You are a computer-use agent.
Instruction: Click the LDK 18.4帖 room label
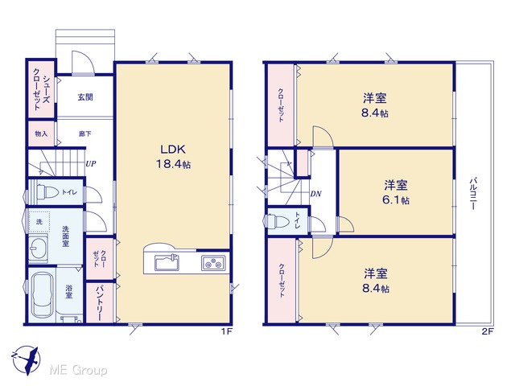click(x=173, y=157)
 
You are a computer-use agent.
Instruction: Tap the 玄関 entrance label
click(x=85, y=97)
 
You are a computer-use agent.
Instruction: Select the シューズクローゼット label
click(x=41, y=88)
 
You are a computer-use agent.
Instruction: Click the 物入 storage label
click(x=41, y=134)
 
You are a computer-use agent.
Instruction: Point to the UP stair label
click(x=91, y=163)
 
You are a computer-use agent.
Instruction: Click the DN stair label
click(x=315, y=194)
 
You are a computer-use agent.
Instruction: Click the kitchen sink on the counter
click(x=167, y=263)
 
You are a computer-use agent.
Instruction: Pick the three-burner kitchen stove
click(x=213, y=263)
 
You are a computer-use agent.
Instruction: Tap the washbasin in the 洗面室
click(x=38, y=248)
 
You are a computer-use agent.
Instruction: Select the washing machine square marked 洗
click(x=39, y=222)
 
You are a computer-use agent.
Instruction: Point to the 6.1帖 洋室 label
click(x=396, y=192)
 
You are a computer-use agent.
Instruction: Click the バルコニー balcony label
click(x=474, y=194)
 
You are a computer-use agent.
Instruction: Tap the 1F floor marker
click(x=227, y=331)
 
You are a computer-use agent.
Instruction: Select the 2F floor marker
click(x=488, y=331)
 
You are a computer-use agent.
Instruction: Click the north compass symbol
click(x=27, y=360)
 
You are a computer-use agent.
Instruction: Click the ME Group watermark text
click(x=78, y=370)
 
